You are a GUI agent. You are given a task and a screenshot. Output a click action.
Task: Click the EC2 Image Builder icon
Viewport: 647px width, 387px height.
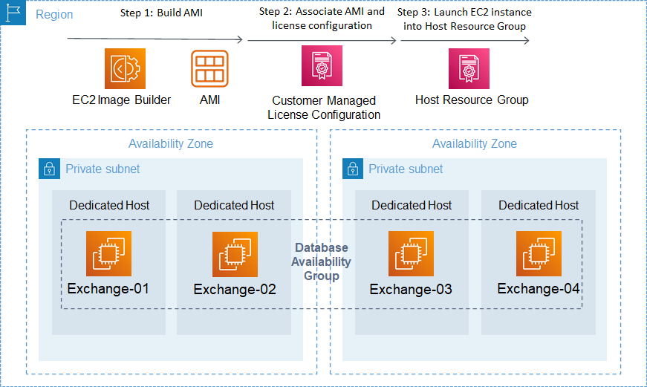click(x=125, y=68)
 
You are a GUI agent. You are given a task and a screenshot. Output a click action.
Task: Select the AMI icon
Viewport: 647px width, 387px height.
click(x=209, y=68)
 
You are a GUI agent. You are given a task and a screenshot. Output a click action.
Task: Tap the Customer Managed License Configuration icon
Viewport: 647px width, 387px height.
click(x=322, y=69)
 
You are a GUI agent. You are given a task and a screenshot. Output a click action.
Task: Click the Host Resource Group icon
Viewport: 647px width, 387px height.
click(x=469, y=68)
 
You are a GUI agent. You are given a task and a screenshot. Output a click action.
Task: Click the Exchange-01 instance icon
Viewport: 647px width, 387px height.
click(x=108, y=253)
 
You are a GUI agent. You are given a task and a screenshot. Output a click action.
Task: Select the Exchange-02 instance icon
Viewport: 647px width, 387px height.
click(x=235, y=254)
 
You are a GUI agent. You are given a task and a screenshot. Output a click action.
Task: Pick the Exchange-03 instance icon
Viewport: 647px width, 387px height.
click(x=411, y=253)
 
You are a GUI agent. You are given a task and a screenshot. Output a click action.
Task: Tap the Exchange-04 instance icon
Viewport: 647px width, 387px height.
click(x=539, y=253)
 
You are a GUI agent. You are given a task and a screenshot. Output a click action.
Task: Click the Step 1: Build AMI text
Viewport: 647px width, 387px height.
click(x=161, y=13)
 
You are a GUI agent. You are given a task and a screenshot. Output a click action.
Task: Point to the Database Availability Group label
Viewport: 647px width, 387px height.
click(x=321, y=261)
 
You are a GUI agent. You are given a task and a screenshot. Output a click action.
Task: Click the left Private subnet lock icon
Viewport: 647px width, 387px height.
click(x=49, y=169)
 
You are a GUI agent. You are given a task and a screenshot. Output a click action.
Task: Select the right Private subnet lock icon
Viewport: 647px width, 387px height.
click(x=353, y=169)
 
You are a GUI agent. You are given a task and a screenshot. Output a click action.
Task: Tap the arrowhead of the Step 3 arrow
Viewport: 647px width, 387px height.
click(x=525, y=40)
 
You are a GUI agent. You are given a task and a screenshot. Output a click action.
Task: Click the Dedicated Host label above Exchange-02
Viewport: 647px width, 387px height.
click(x=234, y=205)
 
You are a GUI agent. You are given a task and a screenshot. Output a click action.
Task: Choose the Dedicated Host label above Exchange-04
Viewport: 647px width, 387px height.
click(x=539, y=205)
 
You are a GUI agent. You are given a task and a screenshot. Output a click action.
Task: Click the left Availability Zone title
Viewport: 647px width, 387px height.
click(x=171, y=144)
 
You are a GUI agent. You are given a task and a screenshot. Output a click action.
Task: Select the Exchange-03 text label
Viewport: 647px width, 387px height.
click(x=411, y=289)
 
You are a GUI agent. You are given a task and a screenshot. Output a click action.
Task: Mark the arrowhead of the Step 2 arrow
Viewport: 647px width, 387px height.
click(x=393, y=40)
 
